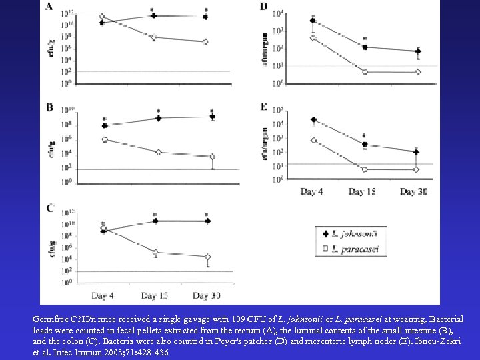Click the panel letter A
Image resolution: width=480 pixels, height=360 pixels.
(50, 7)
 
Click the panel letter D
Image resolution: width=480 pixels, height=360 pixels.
(264, 7)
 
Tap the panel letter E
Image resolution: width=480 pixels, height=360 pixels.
(264, 107)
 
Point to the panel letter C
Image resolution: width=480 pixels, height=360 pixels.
(50, 209)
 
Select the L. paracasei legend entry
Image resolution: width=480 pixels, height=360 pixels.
(348, 248)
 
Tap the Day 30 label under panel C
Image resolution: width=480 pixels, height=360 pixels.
(207, 295)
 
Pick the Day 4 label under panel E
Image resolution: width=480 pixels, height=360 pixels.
(312, 192)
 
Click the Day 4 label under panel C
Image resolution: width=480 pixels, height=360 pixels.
(103, 295)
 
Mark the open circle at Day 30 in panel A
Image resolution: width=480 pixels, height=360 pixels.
(205, 41)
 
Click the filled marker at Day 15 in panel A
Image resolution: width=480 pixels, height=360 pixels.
(155, 16)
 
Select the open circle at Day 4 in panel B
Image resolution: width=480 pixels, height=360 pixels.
(105, 139)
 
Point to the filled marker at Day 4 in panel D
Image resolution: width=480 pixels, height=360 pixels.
(313, 21)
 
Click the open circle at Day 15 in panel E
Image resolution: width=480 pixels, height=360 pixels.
(365, 169)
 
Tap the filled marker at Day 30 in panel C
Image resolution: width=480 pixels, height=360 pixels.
(207, 221)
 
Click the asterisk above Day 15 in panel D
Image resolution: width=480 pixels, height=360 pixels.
(365, 39)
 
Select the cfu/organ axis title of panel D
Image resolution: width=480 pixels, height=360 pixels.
(265, 46)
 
